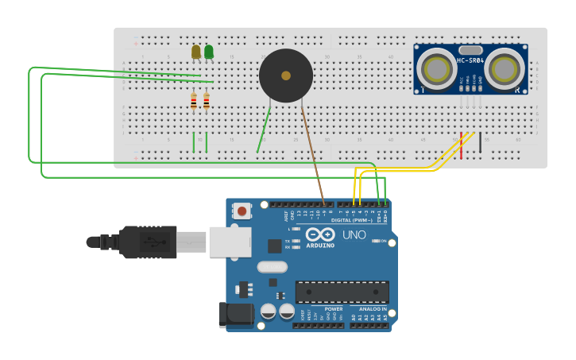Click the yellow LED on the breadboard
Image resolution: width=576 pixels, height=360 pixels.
pos(196,52)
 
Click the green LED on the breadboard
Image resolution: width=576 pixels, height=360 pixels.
pos(209,52)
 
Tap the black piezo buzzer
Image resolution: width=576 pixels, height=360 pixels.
pos(286,75)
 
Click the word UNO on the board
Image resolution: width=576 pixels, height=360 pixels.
pos(354,235)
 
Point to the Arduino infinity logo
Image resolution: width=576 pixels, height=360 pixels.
pos(320,234)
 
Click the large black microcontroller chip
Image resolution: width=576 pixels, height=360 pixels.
pos(342,292)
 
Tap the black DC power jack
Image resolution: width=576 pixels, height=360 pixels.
pos(235,314)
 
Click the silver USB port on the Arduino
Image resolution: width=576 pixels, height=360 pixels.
pos(230,242)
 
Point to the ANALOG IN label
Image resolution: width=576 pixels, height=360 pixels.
pos(373,308)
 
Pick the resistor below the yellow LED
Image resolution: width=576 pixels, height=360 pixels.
pos(194,102)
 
